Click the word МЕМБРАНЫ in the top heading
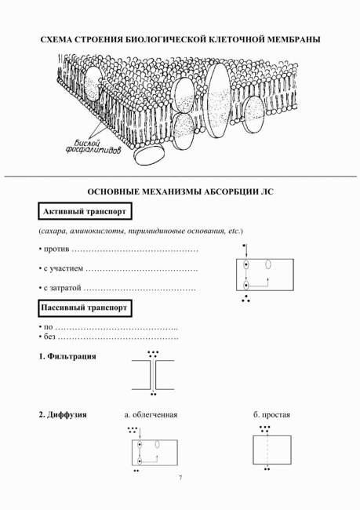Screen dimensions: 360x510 (293, 39)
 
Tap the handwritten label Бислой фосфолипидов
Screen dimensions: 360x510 (93, 147)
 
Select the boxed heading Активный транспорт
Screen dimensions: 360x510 (85, 211)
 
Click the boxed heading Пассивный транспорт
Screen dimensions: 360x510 (85, 308)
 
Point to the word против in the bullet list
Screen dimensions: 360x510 (56, 250)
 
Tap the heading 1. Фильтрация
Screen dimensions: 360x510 (67, 356)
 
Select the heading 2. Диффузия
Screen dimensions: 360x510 (63, 415)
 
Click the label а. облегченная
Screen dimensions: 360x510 (151, 415)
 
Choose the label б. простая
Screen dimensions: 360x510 (271, 415)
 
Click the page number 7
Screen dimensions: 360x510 (180, 478)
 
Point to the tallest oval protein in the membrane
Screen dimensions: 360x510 (218, 100)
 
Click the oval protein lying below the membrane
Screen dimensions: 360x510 (150, 155)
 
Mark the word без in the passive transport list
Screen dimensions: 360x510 (49, 337)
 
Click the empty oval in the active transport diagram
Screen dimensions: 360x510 (268, 264)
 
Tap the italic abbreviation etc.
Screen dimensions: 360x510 (235, 231)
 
